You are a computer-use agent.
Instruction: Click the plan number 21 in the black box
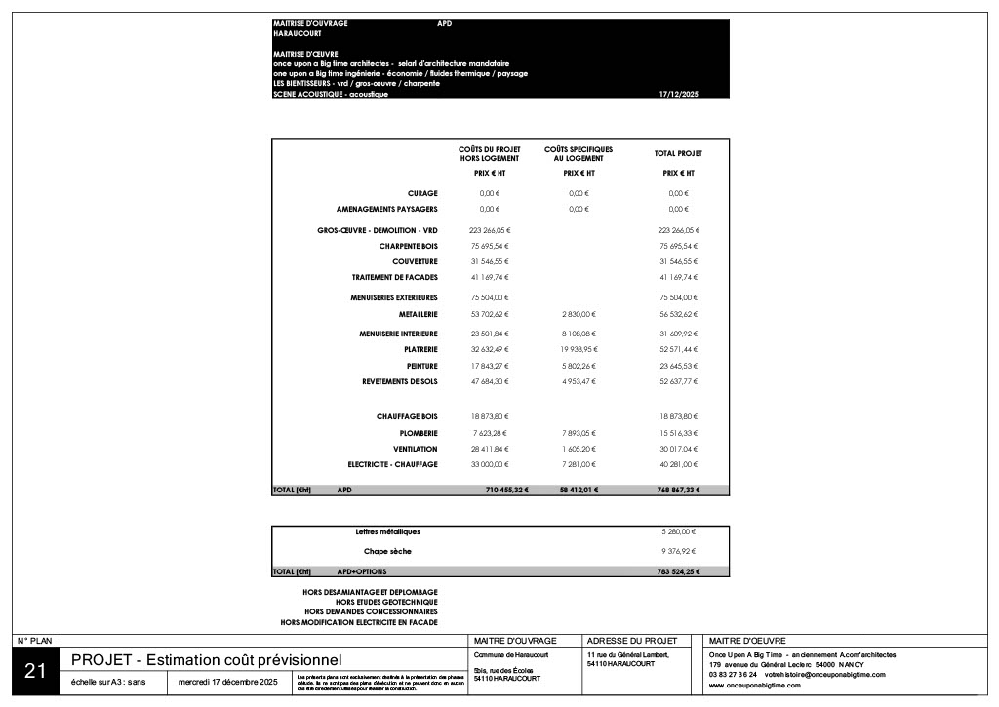click(x=35, y=670)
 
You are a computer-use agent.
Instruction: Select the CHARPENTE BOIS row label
click(x=409, y=246)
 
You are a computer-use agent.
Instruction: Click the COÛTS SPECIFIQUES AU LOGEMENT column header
click(x=571, y=153)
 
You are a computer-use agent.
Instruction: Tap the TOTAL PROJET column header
click(x=678, y=153)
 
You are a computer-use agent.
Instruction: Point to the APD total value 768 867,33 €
click(x=678, y=490)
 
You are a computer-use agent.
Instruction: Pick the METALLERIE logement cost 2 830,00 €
click(x=579, y=314)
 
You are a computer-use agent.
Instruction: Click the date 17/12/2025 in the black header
click(x=679, y=94)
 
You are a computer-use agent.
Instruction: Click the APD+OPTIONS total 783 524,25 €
click(x=678, y=571)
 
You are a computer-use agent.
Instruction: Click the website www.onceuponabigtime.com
click(x=755, y=685)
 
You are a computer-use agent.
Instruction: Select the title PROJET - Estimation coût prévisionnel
click(x=207, y=661)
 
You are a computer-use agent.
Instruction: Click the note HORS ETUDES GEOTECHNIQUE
click(x=386, y=602)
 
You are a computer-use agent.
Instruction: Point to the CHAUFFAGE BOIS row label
click(x=407, y=416)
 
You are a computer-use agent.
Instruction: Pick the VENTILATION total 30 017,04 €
click(x=678, y=449)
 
